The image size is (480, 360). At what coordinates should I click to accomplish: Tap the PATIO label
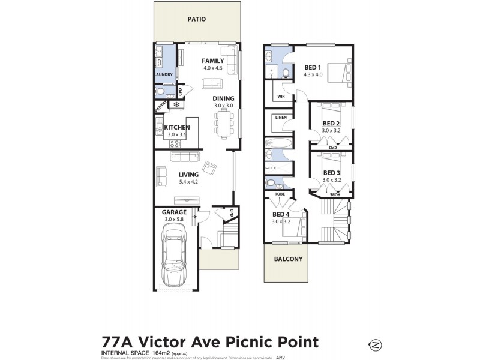196,19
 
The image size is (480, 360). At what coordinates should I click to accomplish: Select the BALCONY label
288,259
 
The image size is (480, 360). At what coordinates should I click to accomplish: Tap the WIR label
280,96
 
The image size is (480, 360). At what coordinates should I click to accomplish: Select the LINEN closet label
281,118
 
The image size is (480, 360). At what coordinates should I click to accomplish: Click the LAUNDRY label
164,75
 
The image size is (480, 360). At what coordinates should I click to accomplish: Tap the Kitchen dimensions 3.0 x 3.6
177,135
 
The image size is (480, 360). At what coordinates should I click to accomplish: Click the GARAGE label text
175,212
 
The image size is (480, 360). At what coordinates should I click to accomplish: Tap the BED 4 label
281,214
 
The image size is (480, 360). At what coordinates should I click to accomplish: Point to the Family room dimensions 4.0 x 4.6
212,68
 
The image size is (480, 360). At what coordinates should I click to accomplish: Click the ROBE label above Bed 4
279,194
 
